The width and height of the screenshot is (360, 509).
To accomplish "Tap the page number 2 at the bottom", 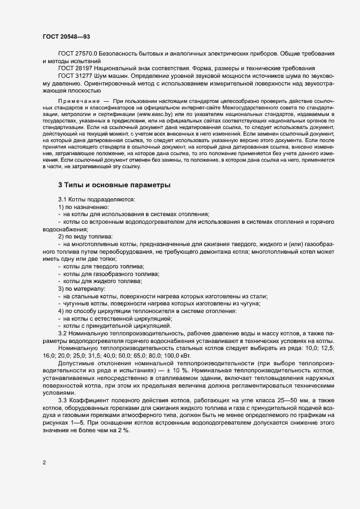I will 44,463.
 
